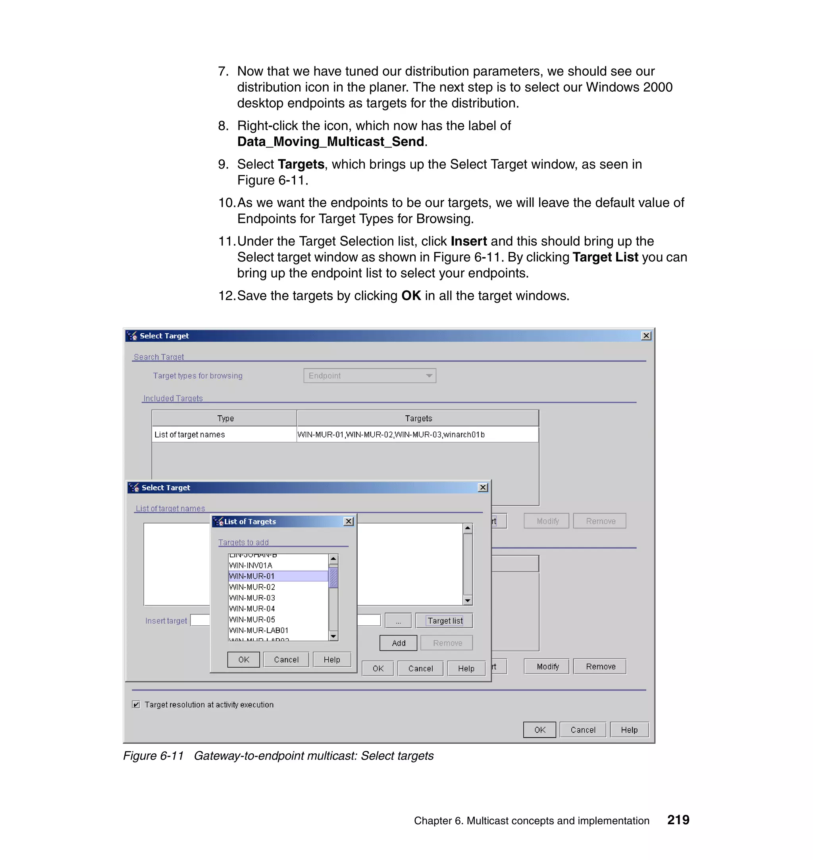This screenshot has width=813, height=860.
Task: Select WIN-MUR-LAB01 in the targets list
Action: tap(259, 630)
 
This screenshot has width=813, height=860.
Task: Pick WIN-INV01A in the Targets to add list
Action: tap(250, 565)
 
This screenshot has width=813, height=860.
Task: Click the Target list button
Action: tap(444, 620)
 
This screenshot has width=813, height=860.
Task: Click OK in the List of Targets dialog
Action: tap(244, 660)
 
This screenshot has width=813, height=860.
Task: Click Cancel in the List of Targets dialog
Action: tap(286, 660)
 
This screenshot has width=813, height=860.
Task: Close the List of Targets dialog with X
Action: tap(349, 521)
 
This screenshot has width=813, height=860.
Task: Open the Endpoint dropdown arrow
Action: tap(429, 375)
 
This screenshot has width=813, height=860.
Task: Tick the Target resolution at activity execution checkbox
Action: tap(136, 705)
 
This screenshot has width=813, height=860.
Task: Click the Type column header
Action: tap(225, 418)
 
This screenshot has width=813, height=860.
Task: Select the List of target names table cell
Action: tap(189, 434)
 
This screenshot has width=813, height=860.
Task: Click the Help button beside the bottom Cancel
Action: tap(629, 729)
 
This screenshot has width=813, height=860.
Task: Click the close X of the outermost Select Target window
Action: tap(646, 336)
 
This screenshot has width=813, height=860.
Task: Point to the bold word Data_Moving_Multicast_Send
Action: tap(330, 142)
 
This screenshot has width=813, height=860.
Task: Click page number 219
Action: tap(678, 820)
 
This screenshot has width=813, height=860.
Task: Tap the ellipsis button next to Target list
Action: tap(398, 620)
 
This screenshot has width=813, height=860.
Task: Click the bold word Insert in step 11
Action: tap(468, 241)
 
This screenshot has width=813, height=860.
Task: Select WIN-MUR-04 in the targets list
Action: tap(252, 609)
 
